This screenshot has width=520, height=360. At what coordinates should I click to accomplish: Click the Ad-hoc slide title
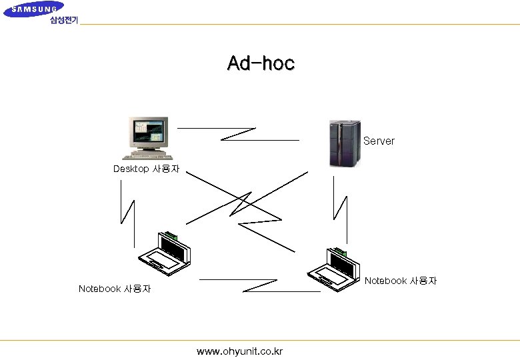[261, 63]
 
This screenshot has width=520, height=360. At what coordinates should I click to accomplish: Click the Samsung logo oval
[33, 9]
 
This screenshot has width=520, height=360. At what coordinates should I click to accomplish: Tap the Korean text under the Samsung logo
[63, 21]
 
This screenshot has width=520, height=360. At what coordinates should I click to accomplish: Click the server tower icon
[344, 143]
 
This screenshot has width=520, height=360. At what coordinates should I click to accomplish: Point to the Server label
[379, 141]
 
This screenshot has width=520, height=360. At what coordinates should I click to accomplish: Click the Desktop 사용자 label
[146, 169]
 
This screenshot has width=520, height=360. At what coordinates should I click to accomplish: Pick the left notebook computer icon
[165, 254]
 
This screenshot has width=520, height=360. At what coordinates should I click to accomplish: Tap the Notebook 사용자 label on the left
[114, 289]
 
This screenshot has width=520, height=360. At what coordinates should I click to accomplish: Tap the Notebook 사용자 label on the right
[401, 281]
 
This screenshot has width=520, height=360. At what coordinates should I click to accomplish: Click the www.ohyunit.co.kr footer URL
[240, 351]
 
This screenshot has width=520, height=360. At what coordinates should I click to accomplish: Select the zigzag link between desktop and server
[238, 134]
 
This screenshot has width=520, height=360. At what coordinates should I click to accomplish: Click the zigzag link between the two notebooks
[260, 285]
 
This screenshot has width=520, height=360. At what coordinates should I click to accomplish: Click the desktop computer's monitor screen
[147, 131]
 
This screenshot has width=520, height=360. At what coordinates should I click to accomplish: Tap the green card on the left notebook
[172, 235]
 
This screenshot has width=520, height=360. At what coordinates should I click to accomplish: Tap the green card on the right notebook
[341, 251]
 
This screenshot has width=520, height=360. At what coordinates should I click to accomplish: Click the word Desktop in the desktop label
[131, 169]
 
